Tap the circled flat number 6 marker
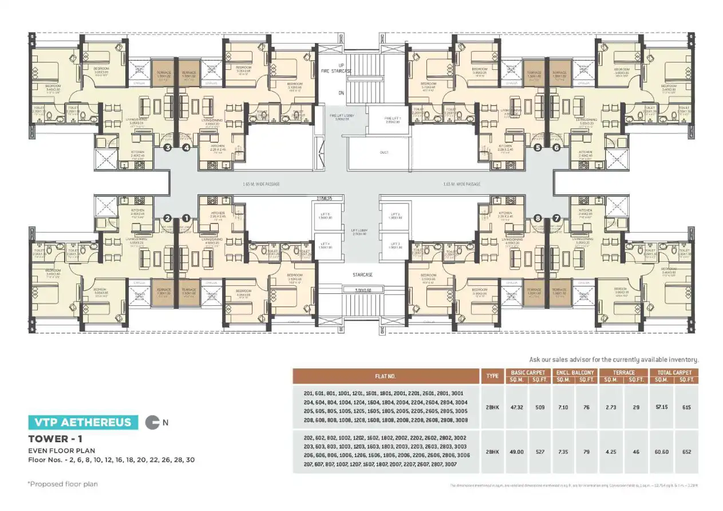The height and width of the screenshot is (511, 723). pos(556,148)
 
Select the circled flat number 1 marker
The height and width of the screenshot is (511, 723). pos(185,218)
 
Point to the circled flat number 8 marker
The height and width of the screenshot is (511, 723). pos(538,218)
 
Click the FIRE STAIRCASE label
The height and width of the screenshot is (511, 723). pos(337,70)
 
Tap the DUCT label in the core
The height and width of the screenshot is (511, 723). pos(384,152)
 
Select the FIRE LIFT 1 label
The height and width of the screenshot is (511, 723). pos(393,120)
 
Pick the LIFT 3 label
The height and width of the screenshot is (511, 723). pos(394,244)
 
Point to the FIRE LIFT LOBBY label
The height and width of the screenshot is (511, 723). pos(341,117)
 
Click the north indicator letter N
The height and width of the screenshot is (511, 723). pos(165,423)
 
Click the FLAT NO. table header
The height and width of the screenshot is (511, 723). pos(386,376)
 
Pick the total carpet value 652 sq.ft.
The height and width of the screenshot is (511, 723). pos(686,451)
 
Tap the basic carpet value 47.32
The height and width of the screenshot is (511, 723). pos(516,407)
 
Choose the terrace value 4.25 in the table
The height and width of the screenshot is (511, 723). pos(611,451)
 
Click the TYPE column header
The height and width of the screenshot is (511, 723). pos(492,376)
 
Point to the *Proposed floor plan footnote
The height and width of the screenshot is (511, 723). pos(62,484)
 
